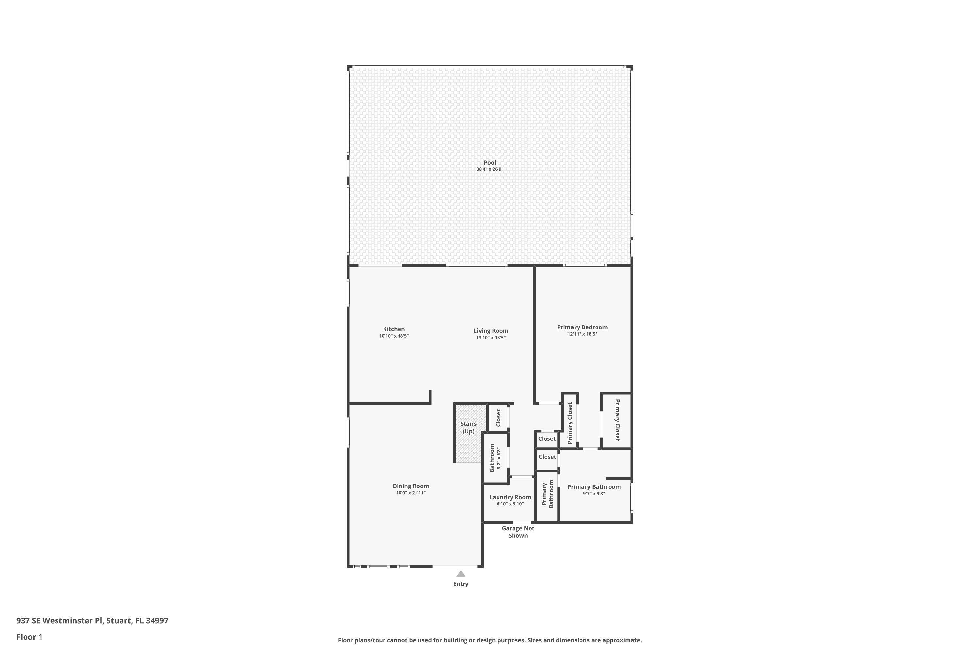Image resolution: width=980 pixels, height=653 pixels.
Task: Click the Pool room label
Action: pyautogui.click(x=490, y=162)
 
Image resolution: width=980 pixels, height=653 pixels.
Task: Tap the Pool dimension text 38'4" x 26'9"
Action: pyautogui.click(x=490, y=169)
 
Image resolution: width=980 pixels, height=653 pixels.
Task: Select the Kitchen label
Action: pyautogui.click(x=394, y=329)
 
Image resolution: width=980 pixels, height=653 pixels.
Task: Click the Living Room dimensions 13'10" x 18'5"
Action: pyautogui.click(x=491, y=338)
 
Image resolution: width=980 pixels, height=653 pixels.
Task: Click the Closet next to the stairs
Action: pyautogui.click(x=498, y=418)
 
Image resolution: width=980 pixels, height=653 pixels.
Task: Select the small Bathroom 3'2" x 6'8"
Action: pyautogui.click(x=495, y=458)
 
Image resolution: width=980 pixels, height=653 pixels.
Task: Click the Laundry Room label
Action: pyautogui.click(x=510, y=497)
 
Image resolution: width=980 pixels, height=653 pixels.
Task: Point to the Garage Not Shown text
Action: pyautogui.click(x=518, y=532)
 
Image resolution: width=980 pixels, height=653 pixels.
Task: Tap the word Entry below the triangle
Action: pyautogui.click(x=461, y=584)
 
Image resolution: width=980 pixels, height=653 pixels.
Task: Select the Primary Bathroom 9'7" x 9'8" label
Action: pyautogui.click(x=594, y=487)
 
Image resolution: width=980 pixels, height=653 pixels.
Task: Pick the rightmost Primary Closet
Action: pyautogui.click(x=617, y=420)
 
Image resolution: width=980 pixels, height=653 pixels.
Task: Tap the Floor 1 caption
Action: pyautogui.click(x=29, y=637)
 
